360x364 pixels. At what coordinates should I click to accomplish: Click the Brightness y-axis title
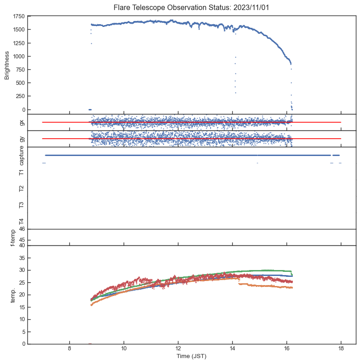tap(7, 65)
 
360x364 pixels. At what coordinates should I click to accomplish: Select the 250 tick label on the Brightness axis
tap(20, 96)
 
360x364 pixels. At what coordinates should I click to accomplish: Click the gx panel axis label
tap(21, 122)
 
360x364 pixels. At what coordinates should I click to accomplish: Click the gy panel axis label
tap(21, 139)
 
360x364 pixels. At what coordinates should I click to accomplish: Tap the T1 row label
tap(21, 172)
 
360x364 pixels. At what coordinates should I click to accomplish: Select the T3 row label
tap(21, 205)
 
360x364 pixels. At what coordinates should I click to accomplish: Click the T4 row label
tap(21, 221)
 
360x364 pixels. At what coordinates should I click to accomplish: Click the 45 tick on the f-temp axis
tap(21, 240)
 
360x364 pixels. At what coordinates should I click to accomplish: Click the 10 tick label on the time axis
tap(124, 349)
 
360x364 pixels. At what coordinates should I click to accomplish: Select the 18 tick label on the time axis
tap(341, 349)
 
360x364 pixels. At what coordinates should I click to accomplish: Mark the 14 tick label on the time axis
tap(232, 349)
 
